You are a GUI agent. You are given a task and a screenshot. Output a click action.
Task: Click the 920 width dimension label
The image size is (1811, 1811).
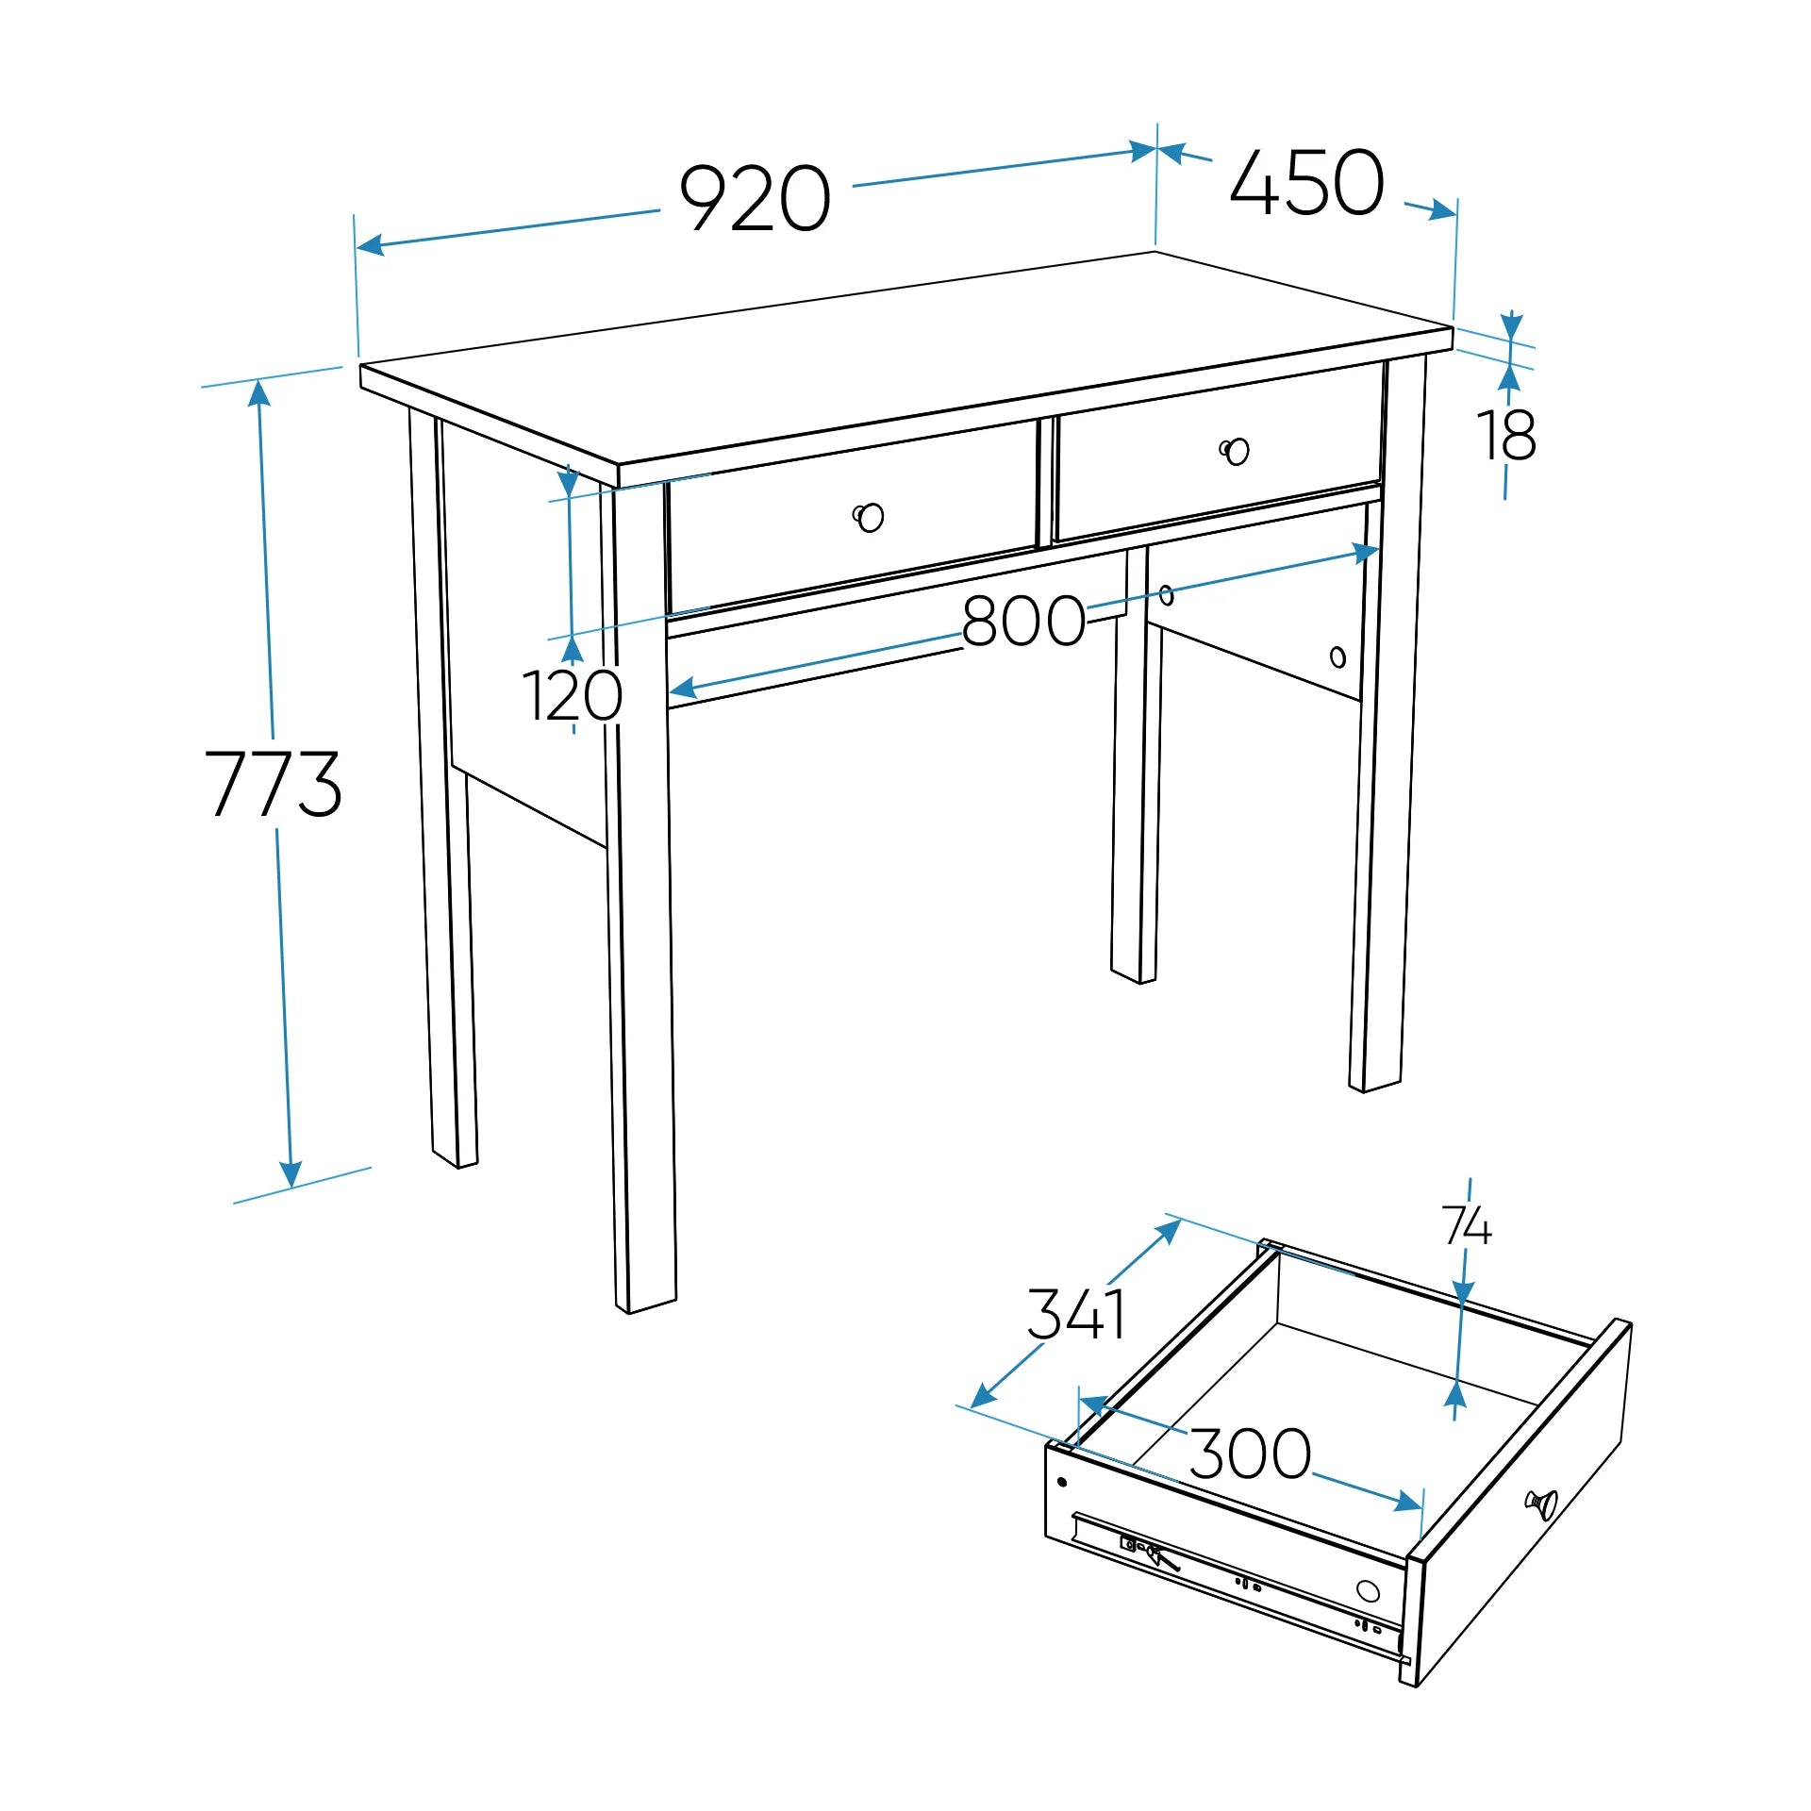tap(755, 198)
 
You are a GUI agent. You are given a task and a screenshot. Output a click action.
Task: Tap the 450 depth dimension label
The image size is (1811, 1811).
tap(1307, 182)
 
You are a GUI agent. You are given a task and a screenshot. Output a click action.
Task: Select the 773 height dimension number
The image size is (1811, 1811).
tap(274, 783)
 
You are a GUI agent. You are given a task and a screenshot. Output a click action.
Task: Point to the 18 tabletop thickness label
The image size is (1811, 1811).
tap(1506, 436)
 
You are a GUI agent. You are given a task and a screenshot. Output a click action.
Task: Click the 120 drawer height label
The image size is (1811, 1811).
tap(572, 696)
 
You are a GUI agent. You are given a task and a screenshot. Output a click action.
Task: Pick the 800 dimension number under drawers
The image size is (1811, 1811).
tap(1023, 621)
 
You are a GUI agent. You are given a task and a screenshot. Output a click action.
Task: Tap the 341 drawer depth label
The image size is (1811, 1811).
tap(1076, 1314)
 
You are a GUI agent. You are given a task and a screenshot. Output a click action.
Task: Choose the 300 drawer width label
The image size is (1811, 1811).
tap(1250, 1454)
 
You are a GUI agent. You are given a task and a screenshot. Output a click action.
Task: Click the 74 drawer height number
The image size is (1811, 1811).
tap(1467, 1226)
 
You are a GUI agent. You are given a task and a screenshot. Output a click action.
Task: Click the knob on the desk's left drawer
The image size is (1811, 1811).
tap(869, 517)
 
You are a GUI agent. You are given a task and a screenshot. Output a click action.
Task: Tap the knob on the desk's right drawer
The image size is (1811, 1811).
tap(1235, 452)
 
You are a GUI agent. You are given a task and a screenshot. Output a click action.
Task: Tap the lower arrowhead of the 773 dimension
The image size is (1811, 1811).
tap(291, 1174)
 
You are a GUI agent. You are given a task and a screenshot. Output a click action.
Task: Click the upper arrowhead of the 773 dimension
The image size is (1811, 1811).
tap(259, 392)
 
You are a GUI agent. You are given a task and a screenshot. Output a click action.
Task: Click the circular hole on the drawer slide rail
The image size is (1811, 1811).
tap(1368, 1591)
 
